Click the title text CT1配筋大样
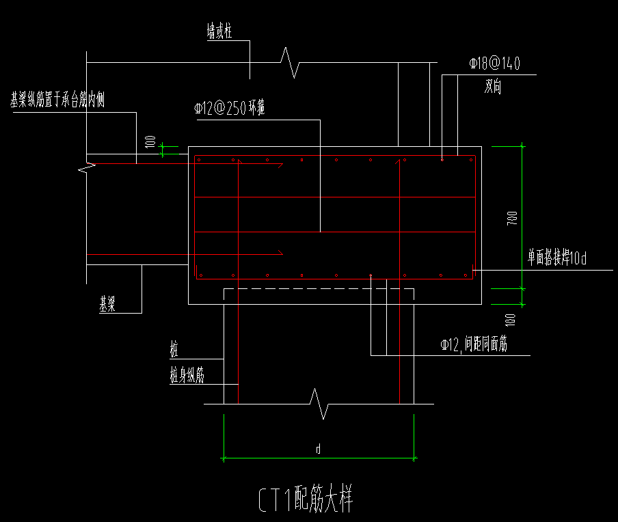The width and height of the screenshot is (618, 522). pos(305,499)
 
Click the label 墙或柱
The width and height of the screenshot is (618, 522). pos(220,31)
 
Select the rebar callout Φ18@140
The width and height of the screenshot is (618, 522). pos(494,64)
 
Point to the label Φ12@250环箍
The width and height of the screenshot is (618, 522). pos(229,108)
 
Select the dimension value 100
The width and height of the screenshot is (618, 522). pos(150,142)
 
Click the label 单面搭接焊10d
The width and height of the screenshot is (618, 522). pos(556,259)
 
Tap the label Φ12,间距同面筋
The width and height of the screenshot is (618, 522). pos(474,346)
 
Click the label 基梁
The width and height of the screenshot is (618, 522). pos(107,305)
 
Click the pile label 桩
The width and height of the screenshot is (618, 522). pos(174,351)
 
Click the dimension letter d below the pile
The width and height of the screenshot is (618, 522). pos(318,449)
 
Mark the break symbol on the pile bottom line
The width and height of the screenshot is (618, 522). pos(319,404)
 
